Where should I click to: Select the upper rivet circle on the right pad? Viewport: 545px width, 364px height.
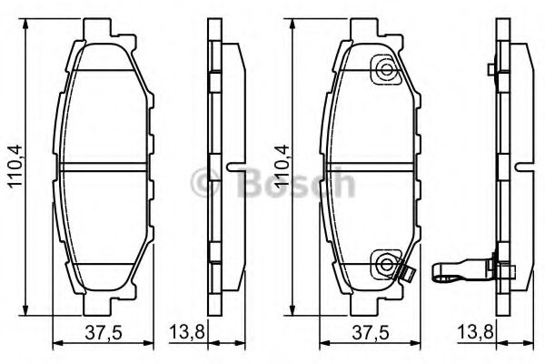[386, 69]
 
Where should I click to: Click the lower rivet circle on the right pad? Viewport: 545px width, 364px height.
[386, 265]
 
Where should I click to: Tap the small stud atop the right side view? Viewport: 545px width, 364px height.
[490, 69]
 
